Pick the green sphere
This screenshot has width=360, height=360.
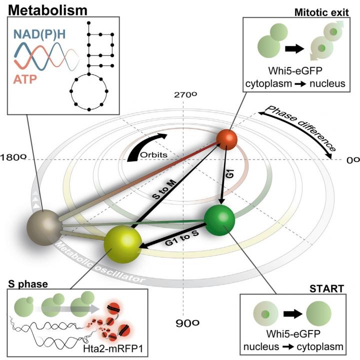pyautogui.click(x=219, y=220)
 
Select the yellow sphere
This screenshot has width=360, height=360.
pyautogui.click(x=123, y=243)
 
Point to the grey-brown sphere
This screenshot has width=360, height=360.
pyautogui.click(x=46, y=227)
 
